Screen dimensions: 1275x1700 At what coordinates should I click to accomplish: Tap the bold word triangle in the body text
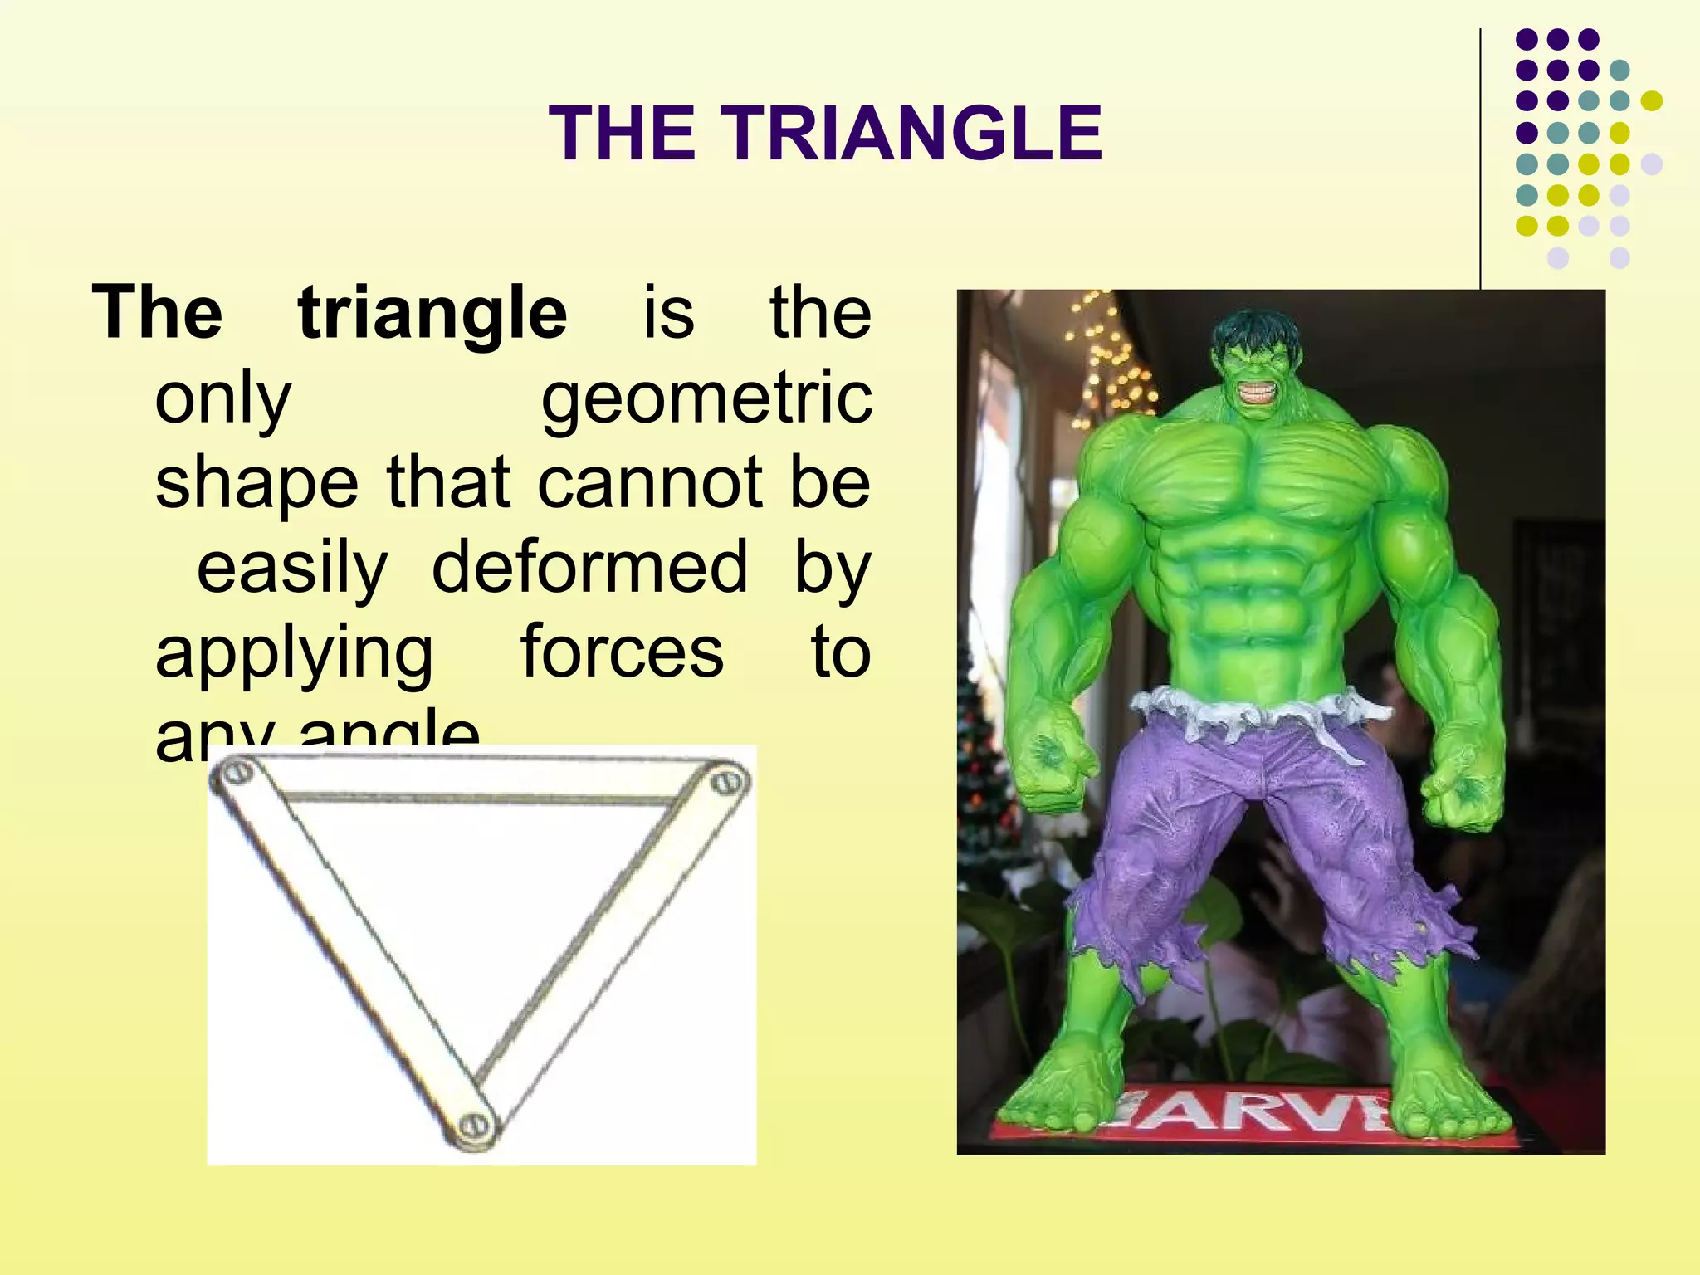coord(432,314)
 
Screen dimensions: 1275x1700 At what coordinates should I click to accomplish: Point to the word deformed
coord(589,568)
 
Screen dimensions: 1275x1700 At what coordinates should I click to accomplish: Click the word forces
coord(622,652)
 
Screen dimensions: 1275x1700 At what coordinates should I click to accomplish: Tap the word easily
coord(291,569)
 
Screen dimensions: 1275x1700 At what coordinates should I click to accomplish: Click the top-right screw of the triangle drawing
coord(729,780)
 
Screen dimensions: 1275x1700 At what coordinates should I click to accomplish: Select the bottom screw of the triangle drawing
coord(476,1126)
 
